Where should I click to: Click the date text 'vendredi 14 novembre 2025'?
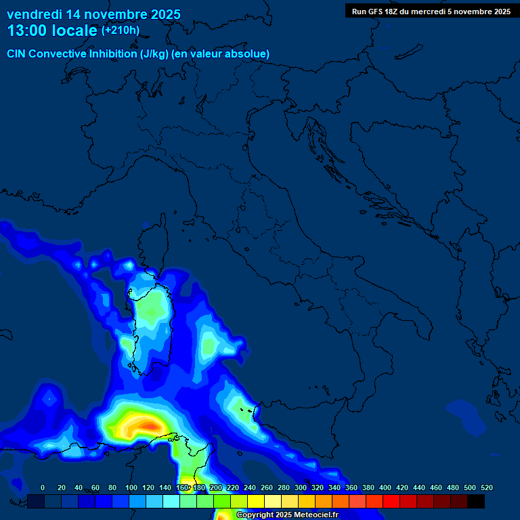(x=93, y=14)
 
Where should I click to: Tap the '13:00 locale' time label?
(x=52, y=30)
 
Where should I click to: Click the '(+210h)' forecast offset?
(x=121, y=30)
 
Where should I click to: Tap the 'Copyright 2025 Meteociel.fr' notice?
(x=287, y=515)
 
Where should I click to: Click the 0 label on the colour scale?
(x=43, y=487)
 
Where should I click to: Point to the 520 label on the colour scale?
(x=486, y=487)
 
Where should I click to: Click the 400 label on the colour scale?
(x=385, y=487)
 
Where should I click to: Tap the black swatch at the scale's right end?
(x=476, y=501)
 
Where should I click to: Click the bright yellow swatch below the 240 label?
(x=256, y=501)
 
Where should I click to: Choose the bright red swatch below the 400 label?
(x=391, y=501)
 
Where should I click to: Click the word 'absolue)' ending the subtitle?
(x=250, y=54)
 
